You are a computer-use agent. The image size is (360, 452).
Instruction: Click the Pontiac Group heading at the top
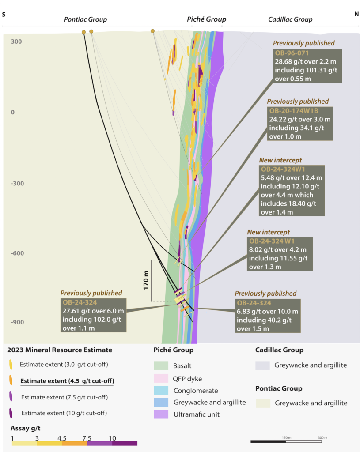[x=85, y=19]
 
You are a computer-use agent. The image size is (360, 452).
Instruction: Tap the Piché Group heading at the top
[x=207, y=19]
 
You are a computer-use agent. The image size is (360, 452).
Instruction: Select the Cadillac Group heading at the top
[x=290, y=19]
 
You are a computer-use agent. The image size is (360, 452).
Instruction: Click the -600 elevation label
[x=17, y=253]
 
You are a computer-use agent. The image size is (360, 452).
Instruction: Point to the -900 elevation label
[x=17, y=322]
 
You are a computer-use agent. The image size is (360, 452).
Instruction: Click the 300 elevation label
[x=16, y=41]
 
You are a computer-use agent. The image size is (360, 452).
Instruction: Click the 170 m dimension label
[x=146, y=280]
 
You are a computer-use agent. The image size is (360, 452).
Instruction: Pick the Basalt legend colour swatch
[x=161, y=365]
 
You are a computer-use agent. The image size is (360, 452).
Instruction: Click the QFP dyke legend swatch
[x=161, y=378]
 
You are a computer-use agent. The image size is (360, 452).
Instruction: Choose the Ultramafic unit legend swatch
[x=161, y=414]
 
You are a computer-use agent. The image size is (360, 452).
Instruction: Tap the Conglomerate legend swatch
[x=161, y=390]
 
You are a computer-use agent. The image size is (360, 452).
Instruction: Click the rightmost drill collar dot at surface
[x=152, y=31]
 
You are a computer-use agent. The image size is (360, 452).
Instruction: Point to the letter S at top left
[x=4, y=15]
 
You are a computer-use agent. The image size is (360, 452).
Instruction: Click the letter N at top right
[x=356, y=14]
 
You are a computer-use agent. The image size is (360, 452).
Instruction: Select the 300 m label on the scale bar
[x=323, y=437]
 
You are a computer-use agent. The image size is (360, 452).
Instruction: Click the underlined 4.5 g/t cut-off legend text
[x=67, y=381]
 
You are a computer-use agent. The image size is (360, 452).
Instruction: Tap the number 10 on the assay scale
[x=112, y=438]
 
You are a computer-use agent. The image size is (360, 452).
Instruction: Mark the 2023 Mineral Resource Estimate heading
[x=60, y=350]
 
